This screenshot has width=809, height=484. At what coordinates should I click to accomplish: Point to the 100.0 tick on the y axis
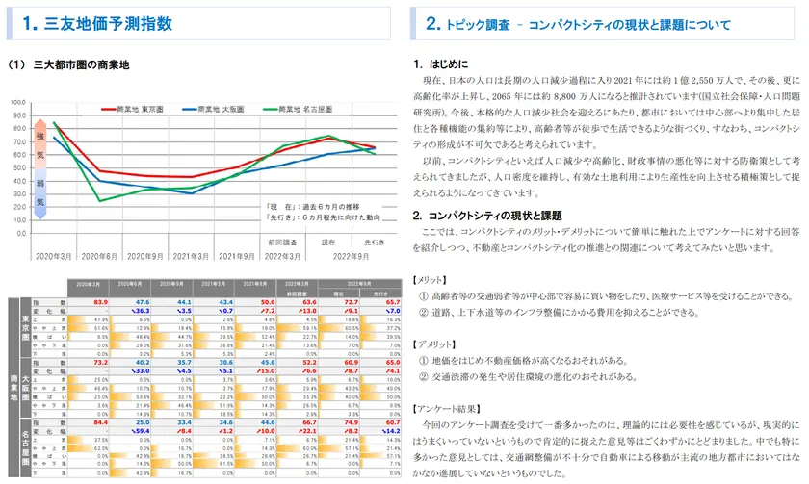click(x=18, y=101)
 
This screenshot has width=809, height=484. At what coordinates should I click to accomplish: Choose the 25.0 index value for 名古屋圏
click(x=143, y=421)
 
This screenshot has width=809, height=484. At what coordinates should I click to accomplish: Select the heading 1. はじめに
click(x=447, y=64)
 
